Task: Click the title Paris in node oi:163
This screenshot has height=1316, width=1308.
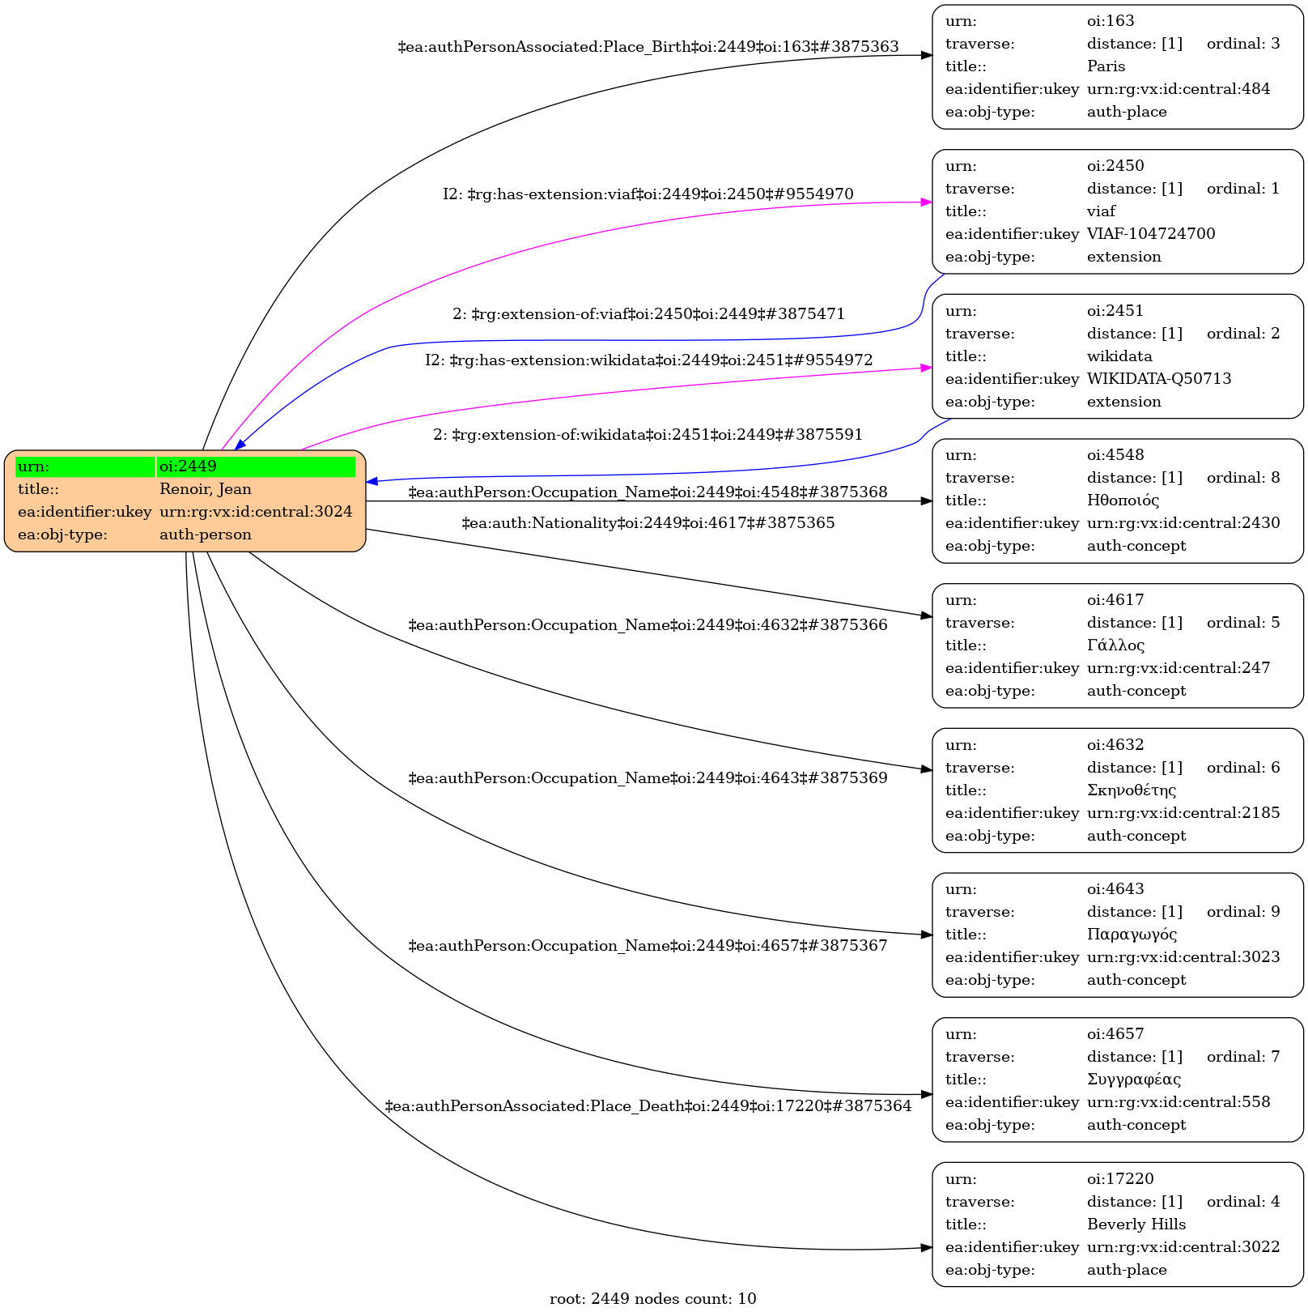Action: (1106, 66)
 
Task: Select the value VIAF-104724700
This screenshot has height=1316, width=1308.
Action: (1150, 234)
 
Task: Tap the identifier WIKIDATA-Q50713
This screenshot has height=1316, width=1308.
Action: (1158, 379)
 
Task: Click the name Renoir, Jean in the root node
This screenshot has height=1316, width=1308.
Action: (206, 489)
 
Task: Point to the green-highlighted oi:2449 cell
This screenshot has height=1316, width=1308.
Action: (256, 466)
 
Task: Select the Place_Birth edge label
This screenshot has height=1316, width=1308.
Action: (648, 47)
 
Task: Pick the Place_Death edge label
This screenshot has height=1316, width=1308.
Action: (648, 1106)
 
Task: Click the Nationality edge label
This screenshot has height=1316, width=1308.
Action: (648, 523)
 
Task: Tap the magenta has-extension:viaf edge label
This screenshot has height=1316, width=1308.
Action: (648, 194)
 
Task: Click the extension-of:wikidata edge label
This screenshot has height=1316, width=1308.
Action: (648, 435)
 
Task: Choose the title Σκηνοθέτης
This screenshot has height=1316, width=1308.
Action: (1131, 790)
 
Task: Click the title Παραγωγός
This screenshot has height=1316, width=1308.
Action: (1132, 935)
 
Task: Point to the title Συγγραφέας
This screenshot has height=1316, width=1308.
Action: (1133, 1080)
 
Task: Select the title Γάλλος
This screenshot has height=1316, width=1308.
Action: (1115, 645)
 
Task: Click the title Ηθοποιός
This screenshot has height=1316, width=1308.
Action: (1123, 500)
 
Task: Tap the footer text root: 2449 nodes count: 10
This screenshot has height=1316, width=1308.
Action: (652, 1299)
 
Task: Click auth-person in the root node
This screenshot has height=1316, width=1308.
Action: (206, 534)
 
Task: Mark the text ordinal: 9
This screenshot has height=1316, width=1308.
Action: (1242, 912)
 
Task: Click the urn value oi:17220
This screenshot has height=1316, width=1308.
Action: (1120, 1179)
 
